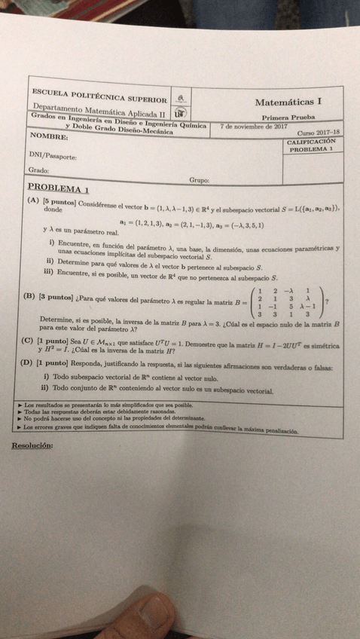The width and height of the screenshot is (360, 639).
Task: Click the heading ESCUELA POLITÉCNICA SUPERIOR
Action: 99,97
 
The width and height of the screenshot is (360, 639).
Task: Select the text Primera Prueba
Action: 288,118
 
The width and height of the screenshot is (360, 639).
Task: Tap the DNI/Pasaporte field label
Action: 53,156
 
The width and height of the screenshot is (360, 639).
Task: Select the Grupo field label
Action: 199,180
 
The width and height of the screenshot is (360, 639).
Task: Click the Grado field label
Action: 39,170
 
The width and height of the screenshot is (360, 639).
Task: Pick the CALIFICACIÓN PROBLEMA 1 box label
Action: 310,145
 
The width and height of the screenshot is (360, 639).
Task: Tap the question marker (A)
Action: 33,201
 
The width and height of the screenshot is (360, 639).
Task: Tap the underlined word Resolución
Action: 32,445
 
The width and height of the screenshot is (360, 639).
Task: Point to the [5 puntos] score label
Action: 59,202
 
